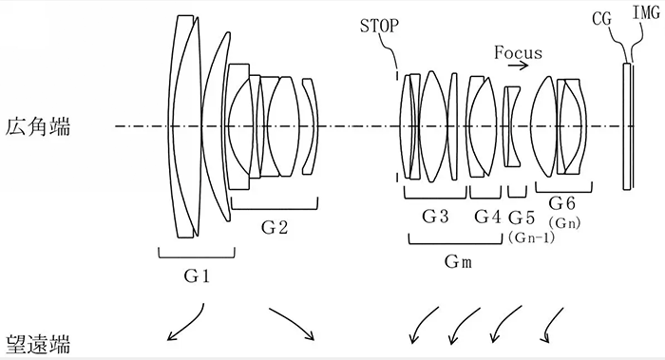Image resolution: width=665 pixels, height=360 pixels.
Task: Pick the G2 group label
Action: [x=275, y=227]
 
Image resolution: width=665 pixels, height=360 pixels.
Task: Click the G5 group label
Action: [x=523, y=217]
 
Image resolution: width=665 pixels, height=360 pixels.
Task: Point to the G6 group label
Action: [x=563, y=203]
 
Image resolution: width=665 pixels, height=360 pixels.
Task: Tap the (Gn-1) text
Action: [x=531, y=236]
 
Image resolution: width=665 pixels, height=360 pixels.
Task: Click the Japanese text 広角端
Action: [x=35, y=126]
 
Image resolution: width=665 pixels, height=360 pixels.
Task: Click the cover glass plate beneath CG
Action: [x=627, y=126]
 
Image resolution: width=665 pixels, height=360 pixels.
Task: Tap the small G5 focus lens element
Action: [x=512, y=126]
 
